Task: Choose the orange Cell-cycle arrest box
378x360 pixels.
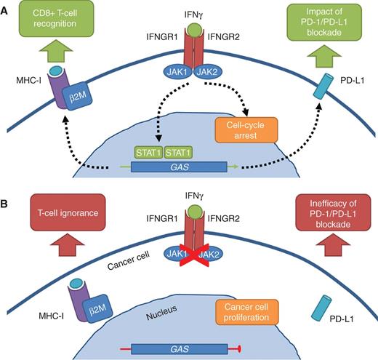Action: (245, 129)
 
